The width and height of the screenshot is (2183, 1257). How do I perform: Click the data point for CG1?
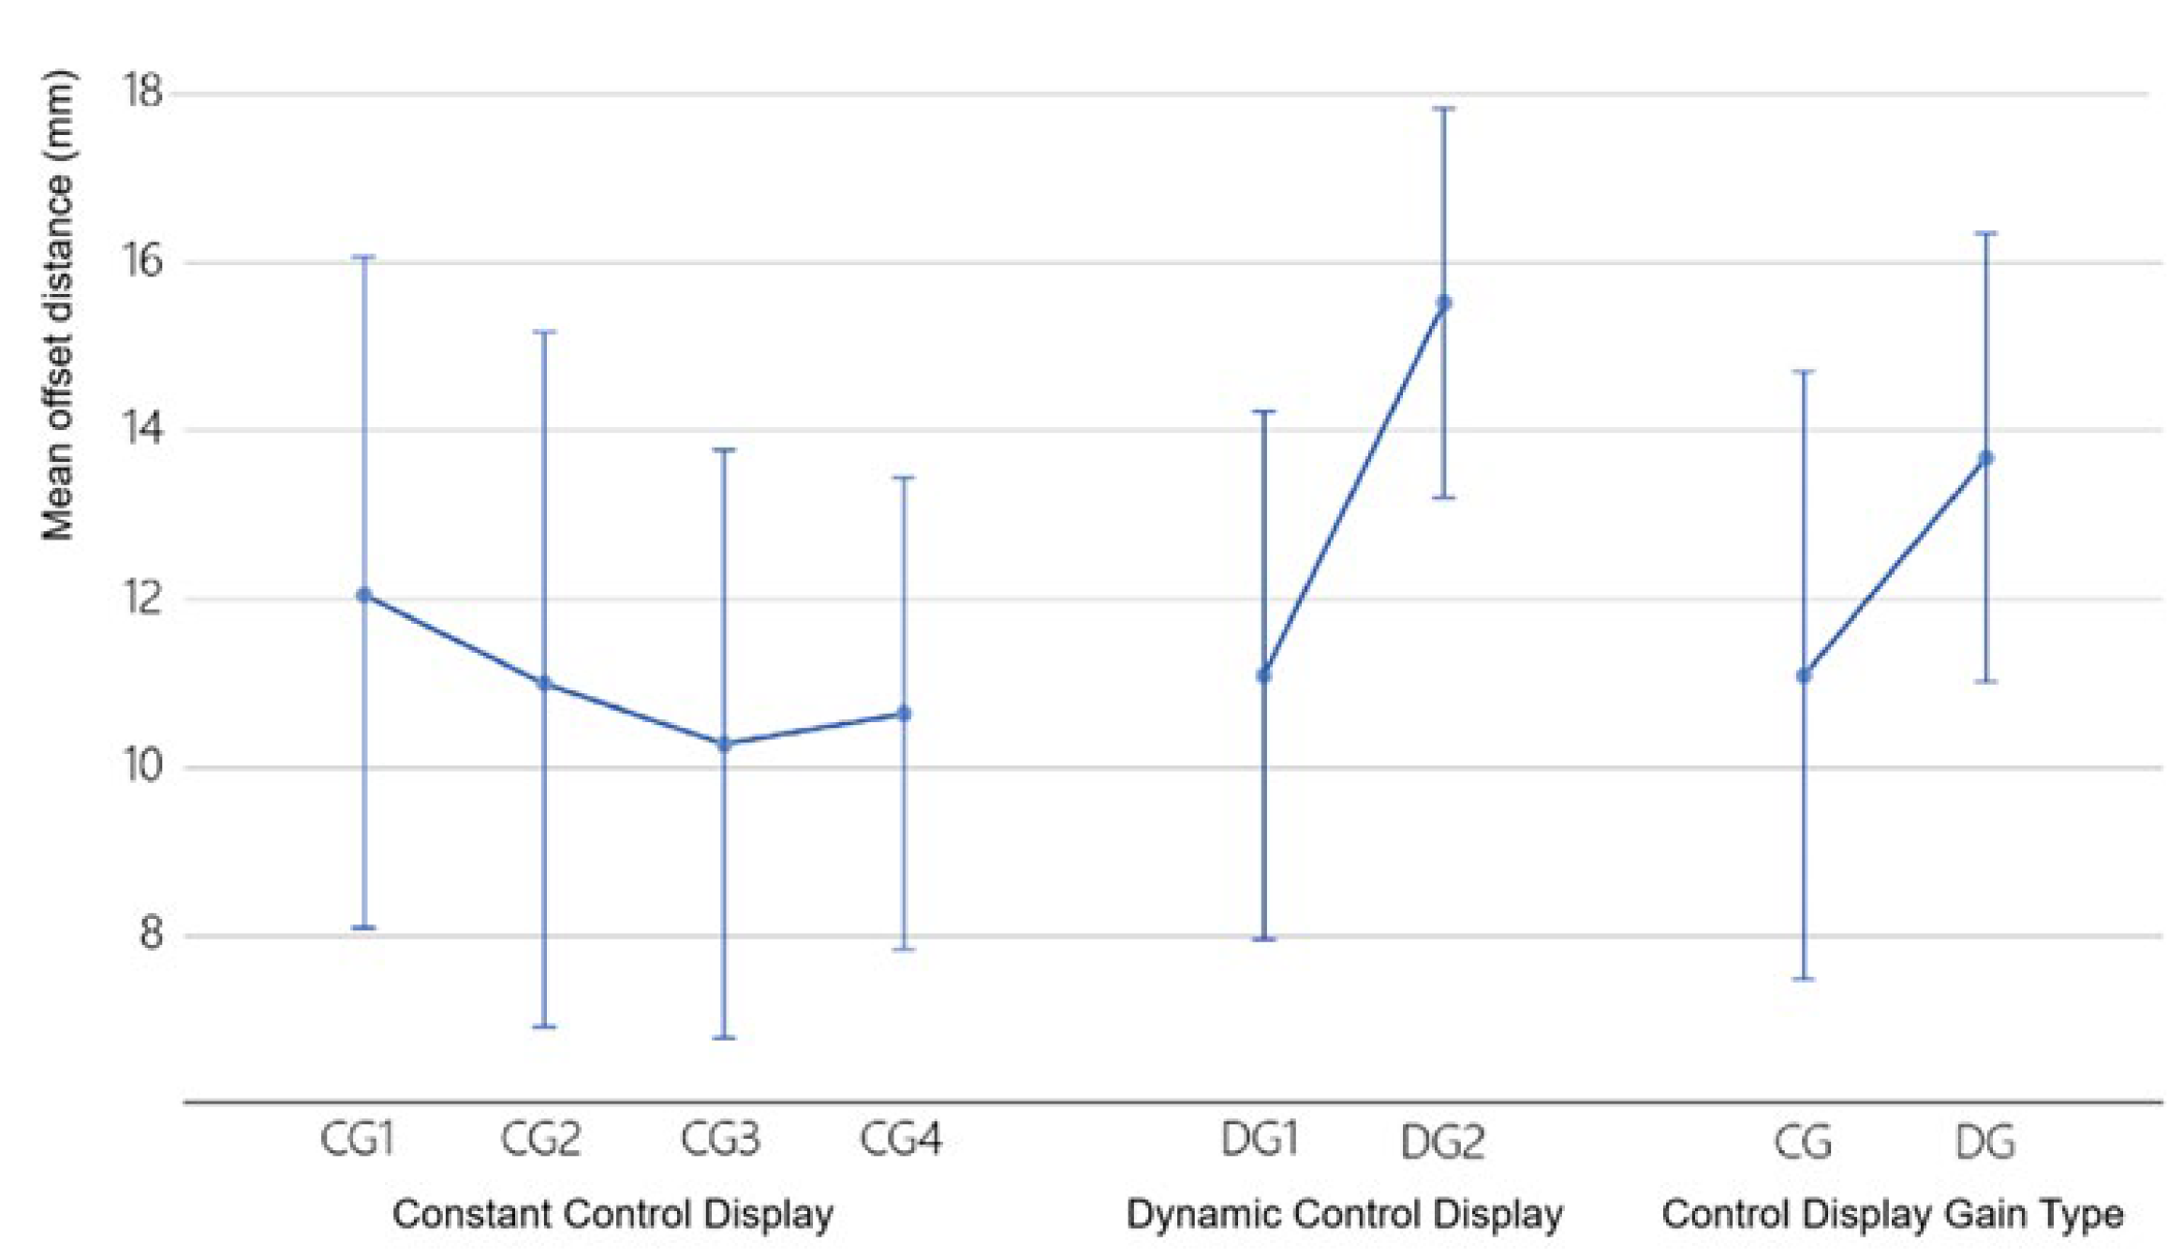click(364, 595)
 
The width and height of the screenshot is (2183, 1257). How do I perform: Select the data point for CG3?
click(724, 745)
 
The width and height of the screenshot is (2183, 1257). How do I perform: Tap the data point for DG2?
click(1444, 303)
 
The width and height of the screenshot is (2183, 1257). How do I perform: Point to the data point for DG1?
click(1263, 675)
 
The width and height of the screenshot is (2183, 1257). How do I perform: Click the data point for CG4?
click(904, 714)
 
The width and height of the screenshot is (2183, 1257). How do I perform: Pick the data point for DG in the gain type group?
click(1985, 458)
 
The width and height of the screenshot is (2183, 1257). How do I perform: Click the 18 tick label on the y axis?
click(142, 92)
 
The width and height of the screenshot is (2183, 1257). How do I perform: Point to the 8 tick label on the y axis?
click(151, 934)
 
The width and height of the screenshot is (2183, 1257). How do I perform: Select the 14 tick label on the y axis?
click(142, 429)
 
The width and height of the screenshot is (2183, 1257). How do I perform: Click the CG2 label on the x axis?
click(540, 1140)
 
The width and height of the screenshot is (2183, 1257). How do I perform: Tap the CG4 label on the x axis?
click(901, 1140)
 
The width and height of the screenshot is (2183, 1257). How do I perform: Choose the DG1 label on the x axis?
click(1261, 1140)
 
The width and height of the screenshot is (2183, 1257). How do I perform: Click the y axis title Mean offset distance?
click(58, 304)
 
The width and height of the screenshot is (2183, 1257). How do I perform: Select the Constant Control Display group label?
click(612, 1215)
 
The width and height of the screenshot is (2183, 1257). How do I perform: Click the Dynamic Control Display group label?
click(1344, 1215)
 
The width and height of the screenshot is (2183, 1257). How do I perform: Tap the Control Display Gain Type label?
click(1892, 1215)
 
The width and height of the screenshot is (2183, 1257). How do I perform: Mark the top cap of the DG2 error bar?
click(1444, 109)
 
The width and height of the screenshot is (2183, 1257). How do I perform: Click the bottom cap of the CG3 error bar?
click(724, 1038)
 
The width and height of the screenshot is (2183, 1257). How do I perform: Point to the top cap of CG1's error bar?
click(364, 256)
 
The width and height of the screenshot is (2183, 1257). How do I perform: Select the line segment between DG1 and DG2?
click(1354, 489)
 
